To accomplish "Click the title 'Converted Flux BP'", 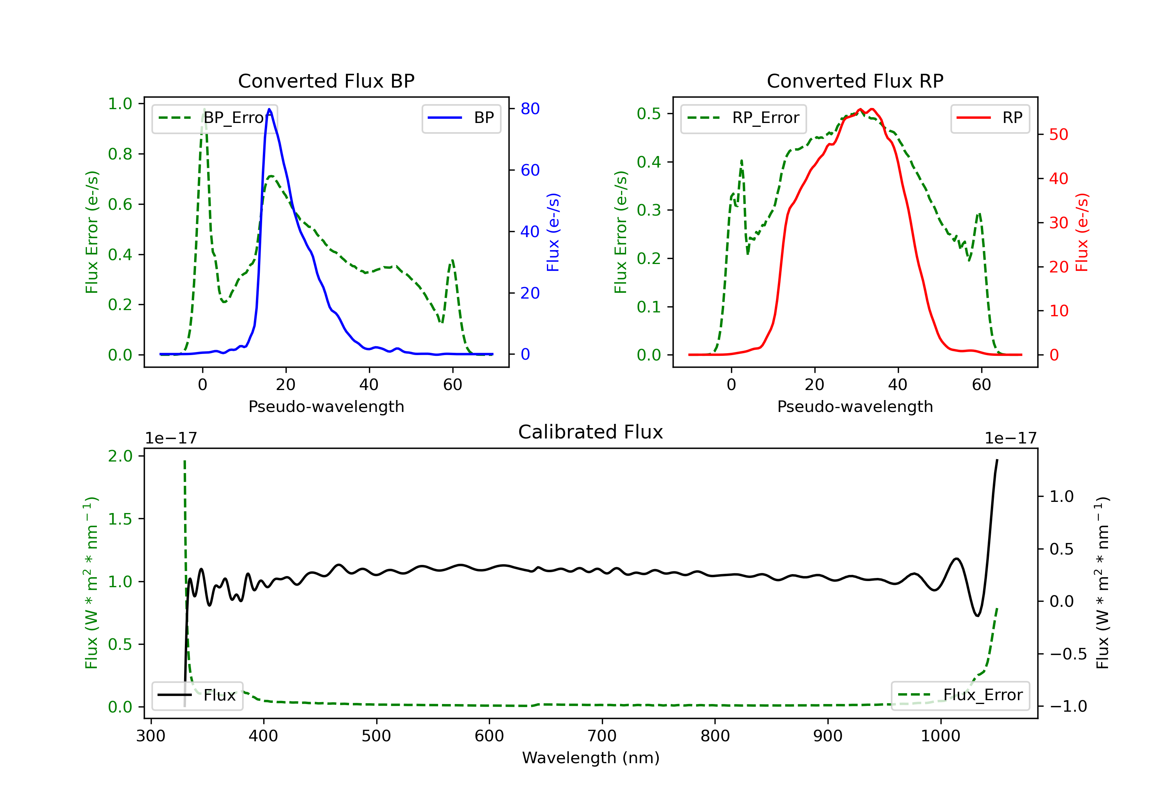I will click(x=326, y=81).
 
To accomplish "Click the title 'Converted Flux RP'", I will click(x=855, y=81).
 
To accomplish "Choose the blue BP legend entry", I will click(x=461, y=118).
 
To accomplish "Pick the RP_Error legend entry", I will click(x=743, y=118).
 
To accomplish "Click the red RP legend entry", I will click(x=989, y=118).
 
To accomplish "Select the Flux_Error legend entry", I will click(x=960, y=695).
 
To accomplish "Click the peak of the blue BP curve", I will click(x=269, y=109).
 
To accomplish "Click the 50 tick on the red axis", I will click(x=1058, y=134).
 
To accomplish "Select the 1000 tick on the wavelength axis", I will click(x=940, y=736).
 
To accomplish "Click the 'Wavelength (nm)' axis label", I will click(x=591, y=758).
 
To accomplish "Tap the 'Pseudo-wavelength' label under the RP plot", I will click(x=855, y=406).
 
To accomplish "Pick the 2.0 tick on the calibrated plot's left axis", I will click(x=120, y=456).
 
